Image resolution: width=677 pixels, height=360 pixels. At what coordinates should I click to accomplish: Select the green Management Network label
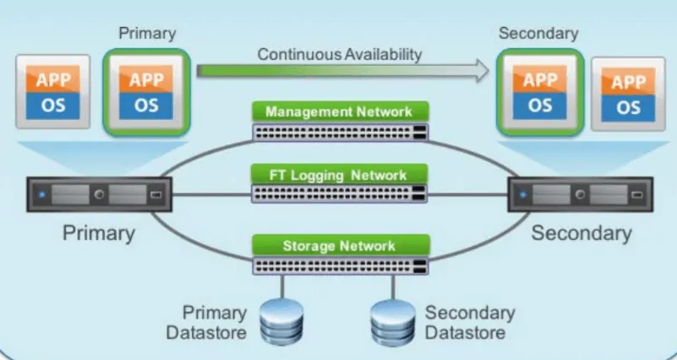(339, 112)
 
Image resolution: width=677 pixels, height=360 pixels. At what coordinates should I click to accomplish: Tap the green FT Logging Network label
(339, 175)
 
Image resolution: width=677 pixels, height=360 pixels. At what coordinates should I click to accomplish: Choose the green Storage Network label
(339, 246)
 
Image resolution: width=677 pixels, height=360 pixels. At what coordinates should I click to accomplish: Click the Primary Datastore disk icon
(281, 322)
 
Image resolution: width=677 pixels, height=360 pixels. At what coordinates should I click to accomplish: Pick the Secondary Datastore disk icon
(393, 322)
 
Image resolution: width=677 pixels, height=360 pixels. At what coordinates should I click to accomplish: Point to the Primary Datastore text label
(206, 323)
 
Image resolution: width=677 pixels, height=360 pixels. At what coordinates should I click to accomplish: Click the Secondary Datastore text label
(470, 323)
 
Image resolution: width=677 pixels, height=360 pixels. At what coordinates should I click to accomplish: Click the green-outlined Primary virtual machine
(145, 92)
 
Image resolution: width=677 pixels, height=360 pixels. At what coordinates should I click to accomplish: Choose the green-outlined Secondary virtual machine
(539, 92)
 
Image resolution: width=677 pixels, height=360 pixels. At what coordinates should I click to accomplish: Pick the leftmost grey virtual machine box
(52, 92)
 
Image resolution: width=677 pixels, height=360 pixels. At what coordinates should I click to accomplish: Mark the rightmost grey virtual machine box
(628, 94)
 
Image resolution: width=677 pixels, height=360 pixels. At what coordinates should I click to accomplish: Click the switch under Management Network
(339, 132)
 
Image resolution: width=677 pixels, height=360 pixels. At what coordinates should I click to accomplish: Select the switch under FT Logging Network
(339, 194)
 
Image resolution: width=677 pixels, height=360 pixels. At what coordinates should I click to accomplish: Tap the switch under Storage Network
(339, 265)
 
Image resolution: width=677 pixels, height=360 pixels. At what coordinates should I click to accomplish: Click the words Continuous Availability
(340, 54)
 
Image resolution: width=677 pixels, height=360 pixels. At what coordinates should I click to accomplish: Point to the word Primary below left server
(98, 232)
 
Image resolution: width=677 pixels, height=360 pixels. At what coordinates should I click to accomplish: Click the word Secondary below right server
(581, 232)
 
